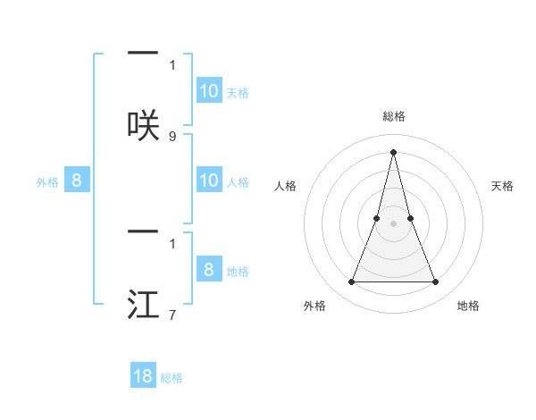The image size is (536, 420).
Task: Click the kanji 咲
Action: tap(143, 126)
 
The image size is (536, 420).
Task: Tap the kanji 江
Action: tap(143, 305)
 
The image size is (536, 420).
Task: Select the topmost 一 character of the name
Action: tap(143, 55)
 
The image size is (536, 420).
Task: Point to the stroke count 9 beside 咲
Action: tap(172, 136)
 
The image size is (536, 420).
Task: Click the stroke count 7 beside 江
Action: tap(172, 315)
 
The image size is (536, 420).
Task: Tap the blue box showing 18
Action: tap(144, 375)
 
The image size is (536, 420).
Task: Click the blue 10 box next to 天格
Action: tap(209, 91)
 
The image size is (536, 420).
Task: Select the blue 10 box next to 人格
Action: tap(209, 181)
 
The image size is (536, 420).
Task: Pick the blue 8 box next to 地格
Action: tap(209, 270)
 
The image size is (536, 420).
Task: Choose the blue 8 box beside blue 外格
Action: tap(77, 181)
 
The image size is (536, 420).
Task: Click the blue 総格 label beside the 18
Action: tap(172, 378)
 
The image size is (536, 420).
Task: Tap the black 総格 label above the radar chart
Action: tap(393, 117)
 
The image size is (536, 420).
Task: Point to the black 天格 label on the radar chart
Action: tap(503, 186)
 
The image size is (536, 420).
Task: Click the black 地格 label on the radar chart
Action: tap(468, 307)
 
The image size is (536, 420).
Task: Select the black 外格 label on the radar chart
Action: tap(314, 307)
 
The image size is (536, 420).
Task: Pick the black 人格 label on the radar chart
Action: tap(285, 186)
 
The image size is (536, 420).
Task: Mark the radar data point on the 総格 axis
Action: tap(393, 151)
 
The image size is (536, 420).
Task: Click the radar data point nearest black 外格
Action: tap(351, 282)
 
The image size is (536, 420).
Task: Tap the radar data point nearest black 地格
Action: tap(436, 282)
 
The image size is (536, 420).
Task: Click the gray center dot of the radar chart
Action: tap(393, 223)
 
